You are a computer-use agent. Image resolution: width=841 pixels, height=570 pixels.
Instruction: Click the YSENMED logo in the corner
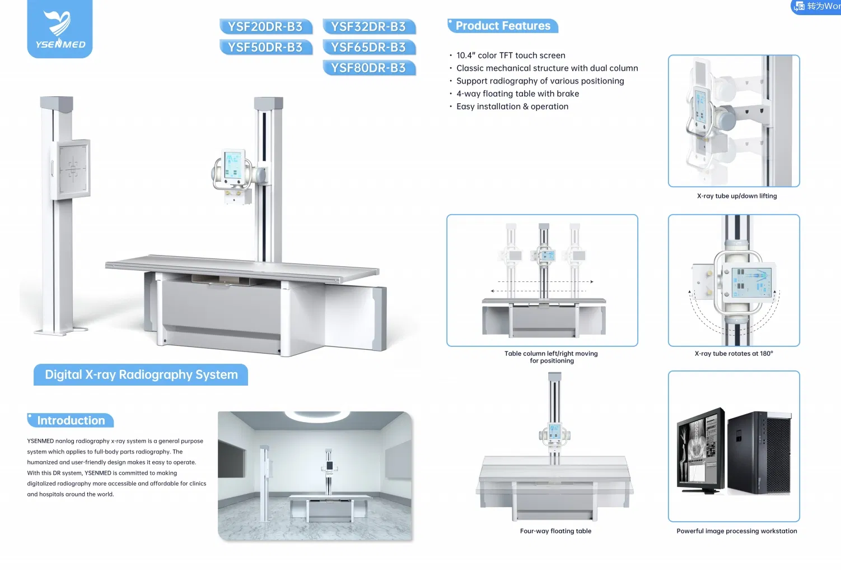click(60, 29)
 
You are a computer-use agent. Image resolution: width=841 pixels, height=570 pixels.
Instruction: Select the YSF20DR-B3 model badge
click(265, 27)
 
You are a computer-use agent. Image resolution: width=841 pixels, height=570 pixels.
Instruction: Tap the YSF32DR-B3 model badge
click(368, 27)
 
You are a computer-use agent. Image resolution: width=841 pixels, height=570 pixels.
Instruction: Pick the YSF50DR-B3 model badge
click(265, 48)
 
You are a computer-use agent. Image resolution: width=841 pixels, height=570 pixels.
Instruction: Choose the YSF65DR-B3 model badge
click(368, 48)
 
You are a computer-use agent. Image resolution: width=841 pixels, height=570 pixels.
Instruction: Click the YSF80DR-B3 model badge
click(368, 68)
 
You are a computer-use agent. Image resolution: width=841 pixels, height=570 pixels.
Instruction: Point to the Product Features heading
click(502, 26)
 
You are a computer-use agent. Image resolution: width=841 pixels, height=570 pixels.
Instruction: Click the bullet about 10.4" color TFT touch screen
click(510, 55)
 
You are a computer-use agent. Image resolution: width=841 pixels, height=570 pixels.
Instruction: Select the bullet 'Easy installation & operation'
click(512, 106)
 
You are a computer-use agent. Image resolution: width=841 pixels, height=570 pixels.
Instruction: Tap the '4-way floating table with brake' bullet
click(517, 94)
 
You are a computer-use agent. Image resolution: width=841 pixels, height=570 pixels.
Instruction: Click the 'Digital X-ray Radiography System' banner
click(141, 374)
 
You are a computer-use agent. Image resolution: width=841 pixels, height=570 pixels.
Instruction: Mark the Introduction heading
click(71, 420)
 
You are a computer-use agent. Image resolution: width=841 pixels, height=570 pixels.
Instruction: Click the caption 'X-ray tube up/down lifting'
click(736, 196)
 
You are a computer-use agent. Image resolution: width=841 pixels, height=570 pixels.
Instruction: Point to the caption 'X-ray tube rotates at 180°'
click(733, 354)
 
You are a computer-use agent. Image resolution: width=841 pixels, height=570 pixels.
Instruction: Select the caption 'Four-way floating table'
click(555, 531)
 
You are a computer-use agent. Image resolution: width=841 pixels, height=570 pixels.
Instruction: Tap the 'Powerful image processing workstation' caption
click(736, 531)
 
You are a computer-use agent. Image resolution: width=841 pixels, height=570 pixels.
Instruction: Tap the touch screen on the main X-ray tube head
click(232, 165)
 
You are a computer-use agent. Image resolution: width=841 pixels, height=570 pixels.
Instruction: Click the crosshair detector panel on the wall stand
click(73, 168)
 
